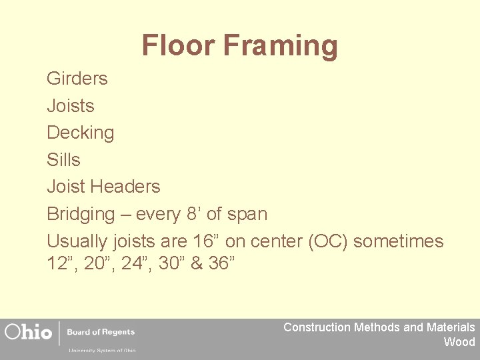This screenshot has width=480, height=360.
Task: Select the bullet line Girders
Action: click(77, 79)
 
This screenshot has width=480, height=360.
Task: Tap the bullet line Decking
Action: click(80, 133)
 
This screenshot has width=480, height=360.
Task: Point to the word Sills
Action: click(63, 160)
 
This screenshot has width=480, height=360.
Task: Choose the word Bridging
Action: click(81, 215)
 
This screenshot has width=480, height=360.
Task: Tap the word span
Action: click(247, 215)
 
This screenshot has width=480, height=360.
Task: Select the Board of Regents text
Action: click(101, 331)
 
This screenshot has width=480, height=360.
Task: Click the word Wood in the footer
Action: click(459, 342)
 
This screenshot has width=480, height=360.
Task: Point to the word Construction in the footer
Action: click(317, 327)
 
